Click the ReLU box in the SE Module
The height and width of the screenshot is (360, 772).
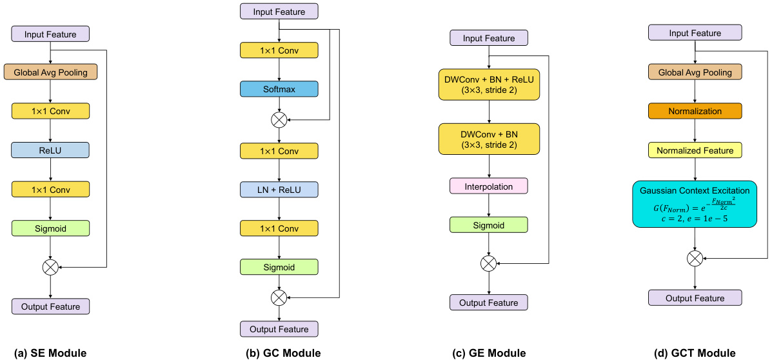(50, 150)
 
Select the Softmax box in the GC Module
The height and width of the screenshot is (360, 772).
(279, 89)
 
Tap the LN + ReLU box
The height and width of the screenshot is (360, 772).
(279, 189)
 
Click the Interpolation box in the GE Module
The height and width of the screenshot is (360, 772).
(488, 186)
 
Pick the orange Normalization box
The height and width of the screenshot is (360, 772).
(695, 112)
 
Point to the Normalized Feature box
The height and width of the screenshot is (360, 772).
(695, 150)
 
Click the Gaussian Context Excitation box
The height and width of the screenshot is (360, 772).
(695, 204)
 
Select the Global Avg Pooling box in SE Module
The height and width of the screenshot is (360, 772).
(50, 72)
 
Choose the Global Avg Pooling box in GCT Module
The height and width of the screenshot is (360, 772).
(695, 72)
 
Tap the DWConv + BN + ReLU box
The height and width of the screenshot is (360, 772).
(488, 85)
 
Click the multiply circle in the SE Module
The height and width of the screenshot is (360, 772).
(50, 266)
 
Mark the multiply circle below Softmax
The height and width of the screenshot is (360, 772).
(279, 120)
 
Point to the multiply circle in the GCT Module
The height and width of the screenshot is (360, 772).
(695, 259)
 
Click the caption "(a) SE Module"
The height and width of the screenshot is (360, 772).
(50, 353)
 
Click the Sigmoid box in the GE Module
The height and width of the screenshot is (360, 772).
(488, 225)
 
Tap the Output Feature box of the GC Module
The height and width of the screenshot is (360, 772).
(279, 329)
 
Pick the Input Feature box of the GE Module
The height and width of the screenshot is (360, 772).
(488, 38)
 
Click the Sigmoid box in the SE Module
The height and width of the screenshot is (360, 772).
(50, 227)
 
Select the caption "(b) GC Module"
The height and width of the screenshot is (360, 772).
(278, 353)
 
